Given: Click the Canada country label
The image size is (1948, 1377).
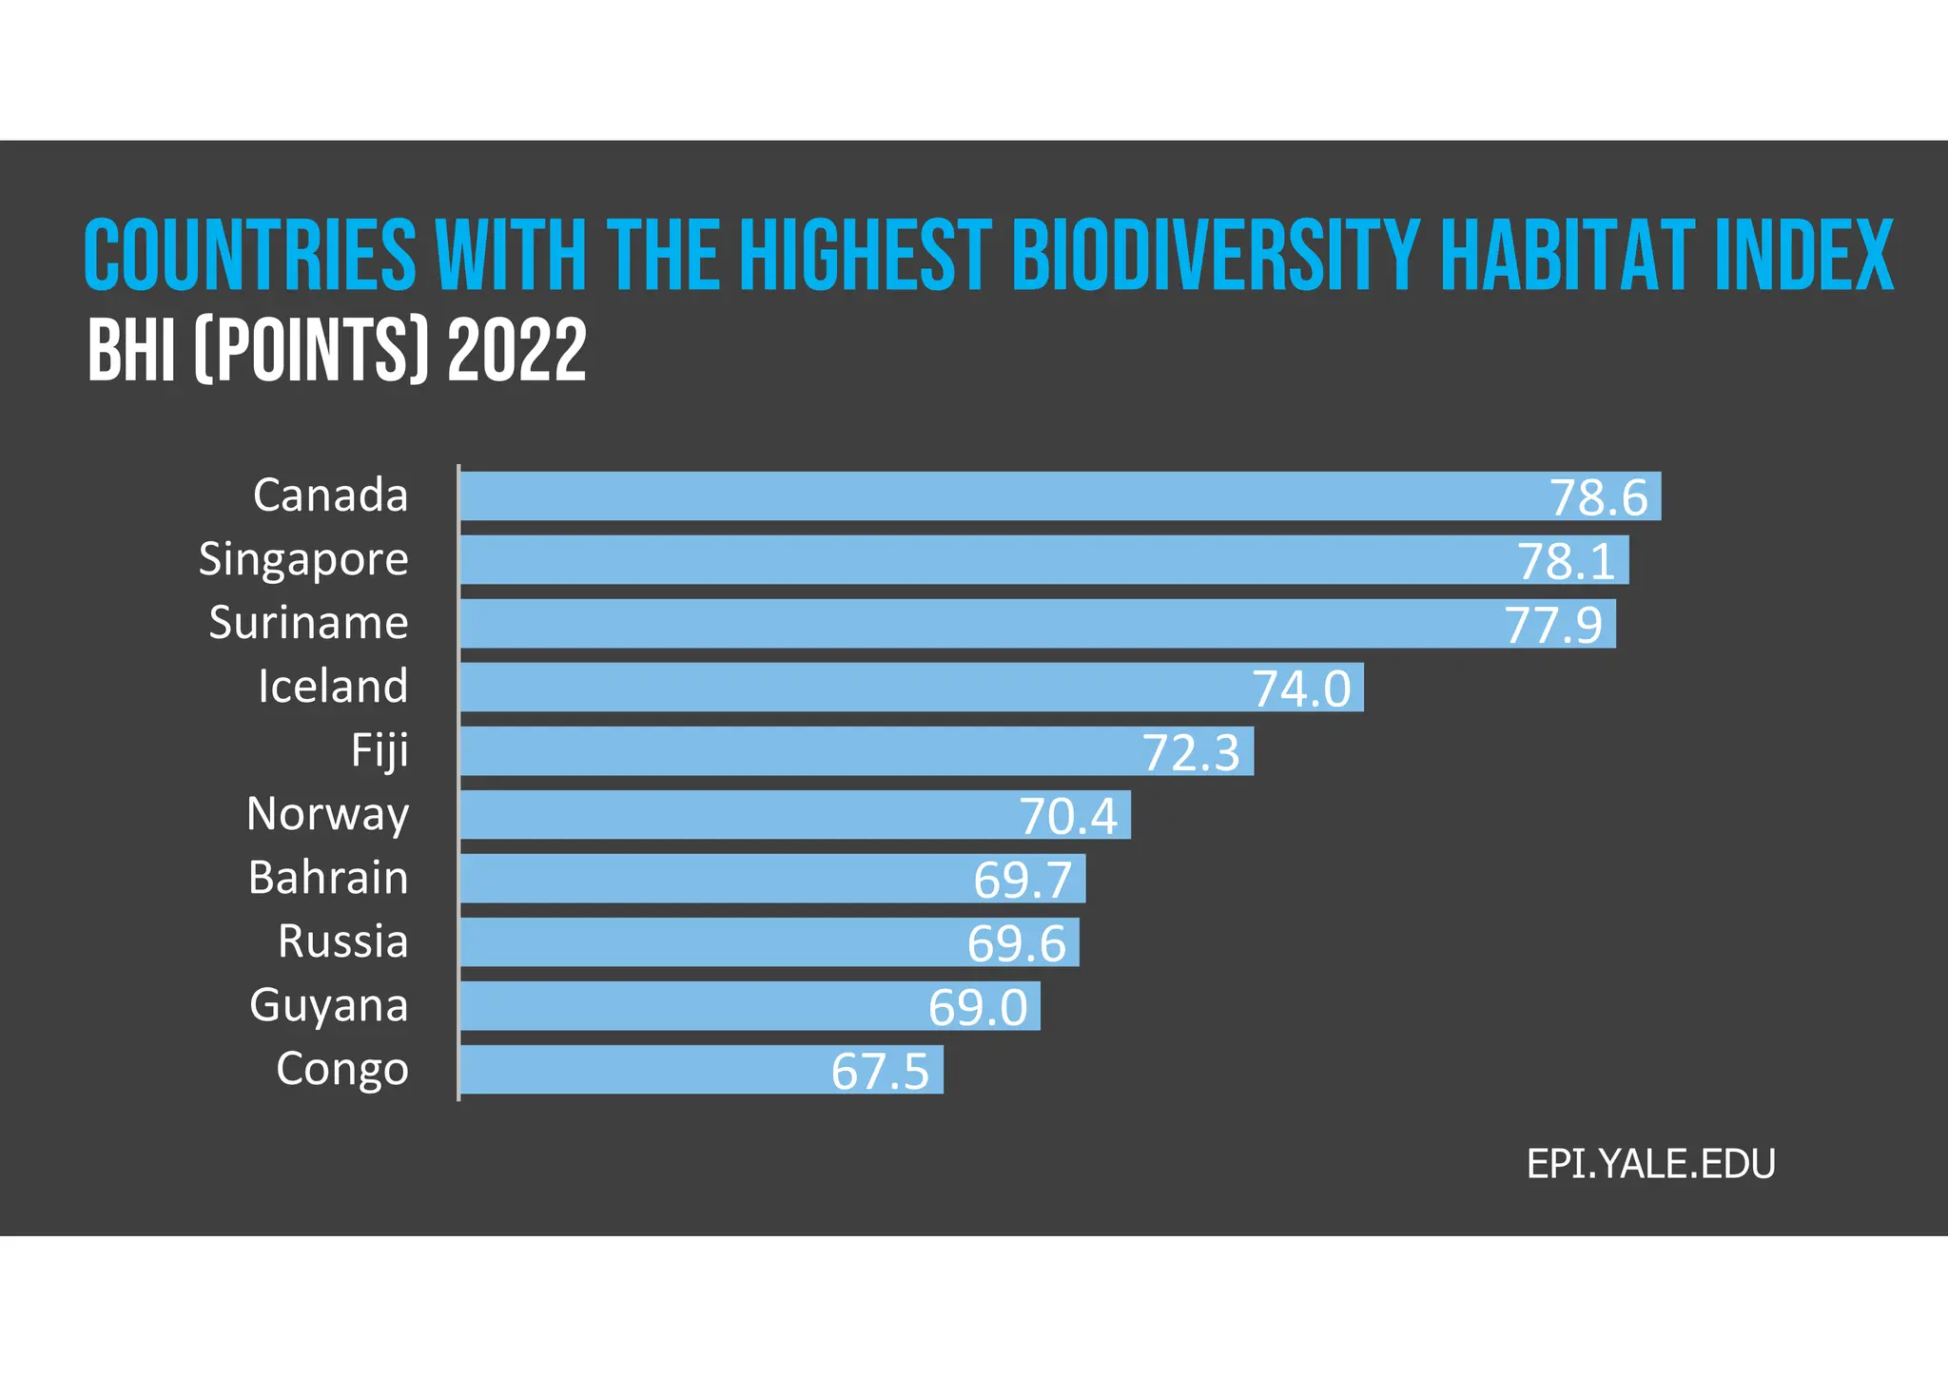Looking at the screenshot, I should (x=330, y=495).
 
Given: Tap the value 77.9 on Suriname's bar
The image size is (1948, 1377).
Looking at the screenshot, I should (x=1553, y=625).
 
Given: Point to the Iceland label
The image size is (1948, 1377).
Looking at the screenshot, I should (x=333, y=687).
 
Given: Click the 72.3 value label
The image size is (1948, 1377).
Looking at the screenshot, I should (x=1191, y=752).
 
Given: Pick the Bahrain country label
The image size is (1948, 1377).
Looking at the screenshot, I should (x=328, y=878).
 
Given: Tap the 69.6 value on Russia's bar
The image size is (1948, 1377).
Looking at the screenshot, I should (x=1017, y=943).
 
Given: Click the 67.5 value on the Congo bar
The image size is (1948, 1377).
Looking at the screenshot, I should (x=880, y=1071).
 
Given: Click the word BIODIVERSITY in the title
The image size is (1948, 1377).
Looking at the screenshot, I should (x=1216, y=255).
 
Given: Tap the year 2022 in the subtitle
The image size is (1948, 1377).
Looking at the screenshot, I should (x=516, y=351).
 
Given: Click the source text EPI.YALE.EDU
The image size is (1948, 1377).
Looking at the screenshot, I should (x=1650, y=1164).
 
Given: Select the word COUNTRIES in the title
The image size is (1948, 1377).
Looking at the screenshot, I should (x=250, y=255).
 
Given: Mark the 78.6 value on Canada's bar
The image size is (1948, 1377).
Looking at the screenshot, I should (x=1598, y=497).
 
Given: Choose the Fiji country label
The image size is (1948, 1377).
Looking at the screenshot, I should (x=380, y=750).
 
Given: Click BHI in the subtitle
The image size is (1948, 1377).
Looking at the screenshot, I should (x=131, y=351).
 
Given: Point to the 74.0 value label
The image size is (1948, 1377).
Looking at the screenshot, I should (x=1300, y=688).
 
